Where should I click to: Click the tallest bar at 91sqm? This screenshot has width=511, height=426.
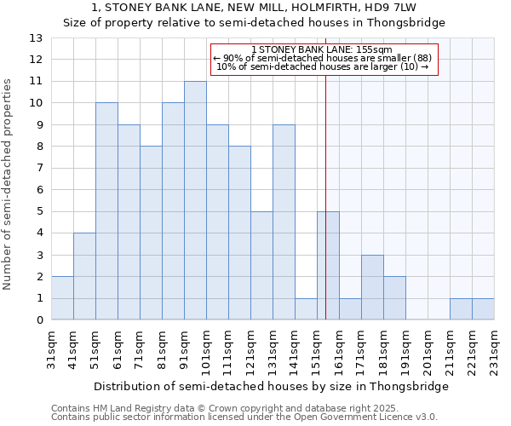(x=195, y=200)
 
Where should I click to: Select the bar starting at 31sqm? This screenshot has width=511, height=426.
(x=62, y=298)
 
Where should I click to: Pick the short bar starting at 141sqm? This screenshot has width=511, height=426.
(x=306, y=309)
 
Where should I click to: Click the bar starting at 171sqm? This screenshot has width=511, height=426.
(x=372, y=287)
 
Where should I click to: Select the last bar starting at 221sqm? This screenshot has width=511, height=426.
(x=483, y=309)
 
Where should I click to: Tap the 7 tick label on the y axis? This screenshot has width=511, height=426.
(x=38, y=169)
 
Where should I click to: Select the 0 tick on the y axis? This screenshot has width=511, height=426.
(x=38, y=320)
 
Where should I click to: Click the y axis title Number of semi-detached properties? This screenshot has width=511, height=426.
(x=9, y=184)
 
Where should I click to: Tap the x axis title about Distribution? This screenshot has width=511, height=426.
(x=270, y=386)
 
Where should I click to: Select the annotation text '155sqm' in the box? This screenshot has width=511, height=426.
(x=373, y=49)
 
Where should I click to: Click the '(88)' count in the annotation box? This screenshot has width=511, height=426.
(x=421, y=58)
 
